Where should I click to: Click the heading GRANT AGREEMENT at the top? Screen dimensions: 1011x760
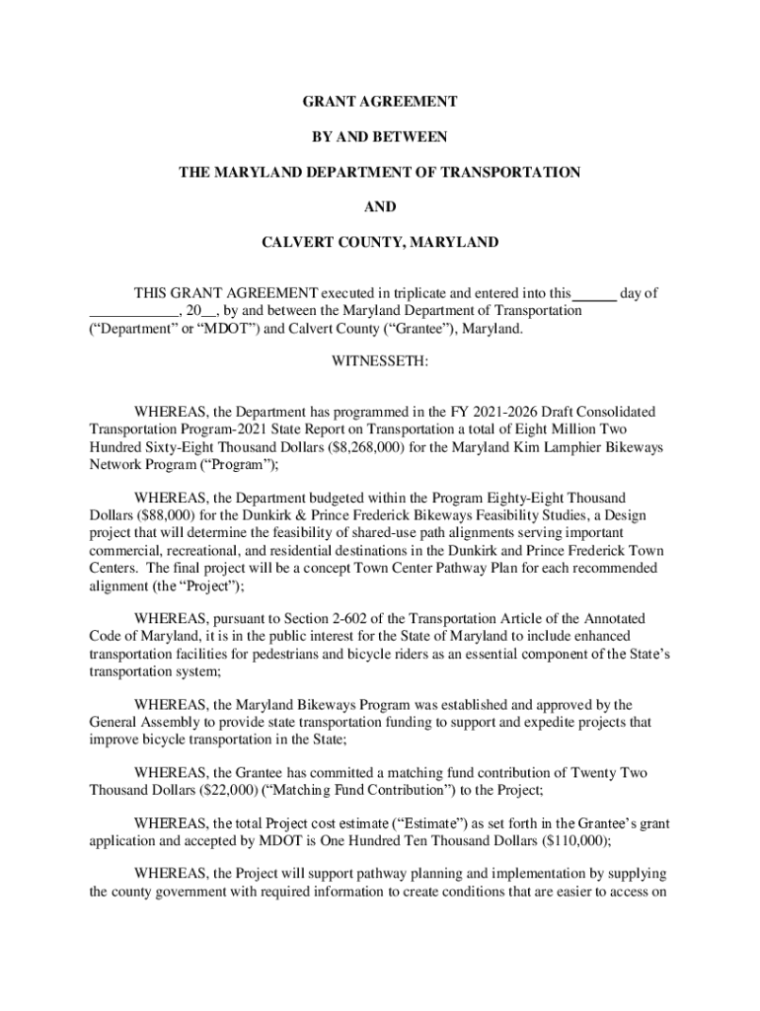379,102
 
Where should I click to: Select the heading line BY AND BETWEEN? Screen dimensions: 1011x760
379,136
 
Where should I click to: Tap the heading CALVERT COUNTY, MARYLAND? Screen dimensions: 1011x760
379,242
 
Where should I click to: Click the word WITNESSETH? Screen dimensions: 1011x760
379,363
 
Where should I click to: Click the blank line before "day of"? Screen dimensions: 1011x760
595,293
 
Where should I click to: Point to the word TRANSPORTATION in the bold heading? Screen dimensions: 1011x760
512,172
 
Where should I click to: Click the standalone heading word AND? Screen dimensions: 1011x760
379,207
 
